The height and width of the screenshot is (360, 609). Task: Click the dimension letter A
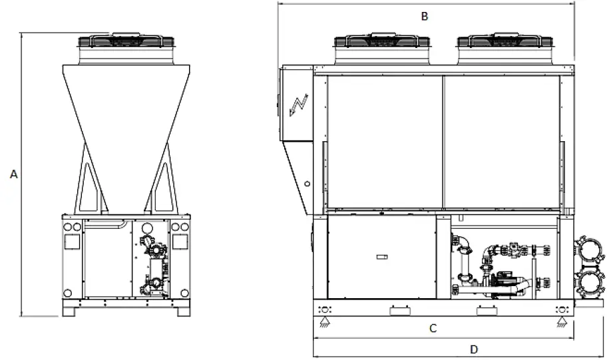click(x=13, y=174)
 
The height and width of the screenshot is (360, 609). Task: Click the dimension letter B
click(x=425, y=17)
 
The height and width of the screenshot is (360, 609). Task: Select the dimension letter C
click(x=433, y=329)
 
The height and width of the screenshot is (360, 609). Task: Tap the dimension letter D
click(x=474, y=349)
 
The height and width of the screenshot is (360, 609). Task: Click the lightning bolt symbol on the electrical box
click(x=298, y=105)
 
